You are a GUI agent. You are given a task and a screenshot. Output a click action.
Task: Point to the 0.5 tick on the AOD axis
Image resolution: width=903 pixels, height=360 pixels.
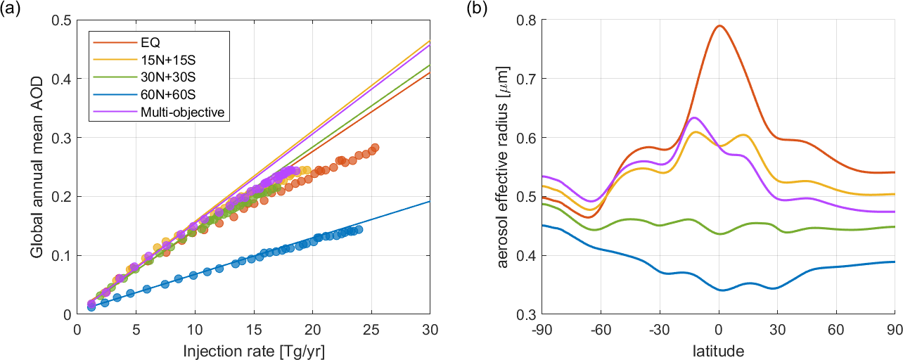tap(63, 21)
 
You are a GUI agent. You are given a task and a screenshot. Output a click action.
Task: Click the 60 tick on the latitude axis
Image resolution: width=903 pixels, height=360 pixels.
tap(835, 328)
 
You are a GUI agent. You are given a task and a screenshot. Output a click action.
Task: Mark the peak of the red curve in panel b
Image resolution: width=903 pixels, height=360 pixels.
tap(719, 25)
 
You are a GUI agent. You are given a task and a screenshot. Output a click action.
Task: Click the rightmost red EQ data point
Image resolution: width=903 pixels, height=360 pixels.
tap(375, 148)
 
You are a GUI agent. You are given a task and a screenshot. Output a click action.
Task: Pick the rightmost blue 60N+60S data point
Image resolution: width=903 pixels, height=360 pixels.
tap(359, 229)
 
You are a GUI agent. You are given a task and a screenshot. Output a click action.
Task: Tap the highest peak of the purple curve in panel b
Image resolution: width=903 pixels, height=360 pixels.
tap(694, 117)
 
